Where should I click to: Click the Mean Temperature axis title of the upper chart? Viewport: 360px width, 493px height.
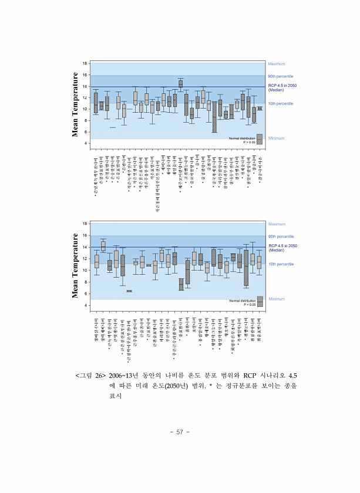point(75,104)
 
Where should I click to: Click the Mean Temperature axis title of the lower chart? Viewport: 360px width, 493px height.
point(75,265)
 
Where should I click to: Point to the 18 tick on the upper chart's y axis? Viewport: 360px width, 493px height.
point(85,63)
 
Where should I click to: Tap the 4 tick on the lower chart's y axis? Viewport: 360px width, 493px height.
point(86,305)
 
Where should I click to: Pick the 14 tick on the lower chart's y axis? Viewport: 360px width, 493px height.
point(85,247)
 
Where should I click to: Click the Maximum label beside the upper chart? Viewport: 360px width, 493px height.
point(277,63)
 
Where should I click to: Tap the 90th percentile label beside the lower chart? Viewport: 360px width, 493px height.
point(281,237)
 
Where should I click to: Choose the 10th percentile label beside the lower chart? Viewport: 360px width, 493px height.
point(281,264)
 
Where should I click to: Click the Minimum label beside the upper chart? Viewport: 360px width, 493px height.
point(276,139)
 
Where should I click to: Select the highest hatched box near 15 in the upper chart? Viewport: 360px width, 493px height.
point(180,83)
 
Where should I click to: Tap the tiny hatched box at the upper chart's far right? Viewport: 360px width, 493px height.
point(260,109)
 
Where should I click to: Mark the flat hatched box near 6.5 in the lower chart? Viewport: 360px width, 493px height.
point(130,291)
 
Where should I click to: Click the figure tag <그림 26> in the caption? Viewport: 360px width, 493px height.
point(90,376)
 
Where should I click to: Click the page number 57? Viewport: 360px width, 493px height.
point(180,433)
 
